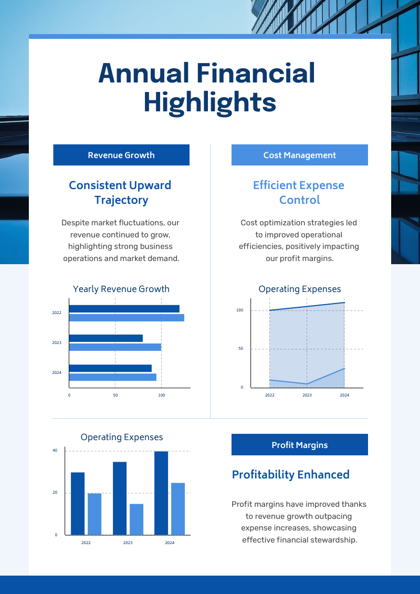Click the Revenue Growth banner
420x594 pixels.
pos(121,155)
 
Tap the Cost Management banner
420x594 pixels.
pos(300,155)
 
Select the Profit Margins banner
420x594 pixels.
pos(300,445)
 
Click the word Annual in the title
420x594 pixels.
pos(143,73)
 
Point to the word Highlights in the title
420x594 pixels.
pos(210,103)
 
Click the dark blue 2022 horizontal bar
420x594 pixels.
pos(124,309)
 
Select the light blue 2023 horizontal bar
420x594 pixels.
pos(115,347)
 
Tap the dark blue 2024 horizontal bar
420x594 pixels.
pos(111,368)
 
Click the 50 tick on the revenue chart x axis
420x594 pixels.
pos(115,395)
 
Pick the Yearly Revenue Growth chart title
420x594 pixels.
pos(121,289)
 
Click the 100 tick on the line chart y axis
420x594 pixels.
pos(240,310)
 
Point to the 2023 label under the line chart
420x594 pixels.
pos(307,395)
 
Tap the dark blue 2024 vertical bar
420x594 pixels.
pos(161,493)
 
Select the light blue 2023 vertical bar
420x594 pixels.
pos(136,519)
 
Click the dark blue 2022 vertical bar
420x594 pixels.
pos(78,504)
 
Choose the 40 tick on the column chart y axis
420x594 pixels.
pos(55,451)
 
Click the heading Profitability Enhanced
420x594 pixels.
pos(290,475)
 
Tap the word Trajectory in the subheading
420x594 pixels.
pos(121,200)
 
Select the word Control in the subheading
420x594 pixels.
pos(300,200)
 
